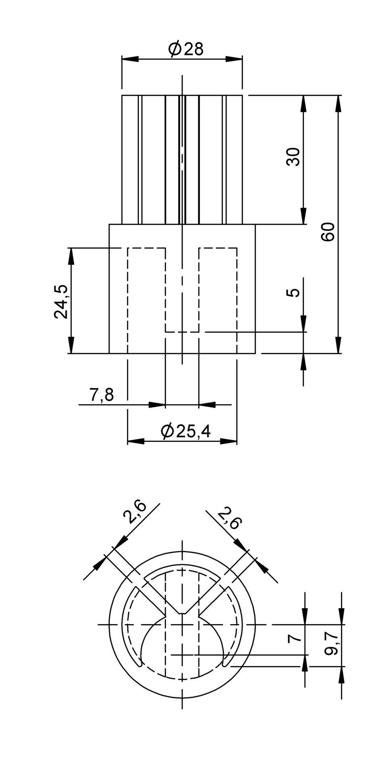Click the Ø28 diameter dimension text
[x=186, y=49]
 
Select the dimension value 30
[x=293, y=157]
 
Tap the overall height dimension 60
[x=328, y=231]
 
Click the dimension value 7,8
[x=102, y=395]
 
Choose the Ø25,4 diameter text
[x=186, y=431]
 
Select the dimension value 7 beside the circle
[x=295, y=638]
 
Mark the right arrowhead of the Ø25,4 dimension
[x=229, y=441]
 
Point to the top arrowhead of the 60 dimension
[x=338, y=103]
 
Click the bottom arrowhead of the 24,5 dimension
[x=71, y=346]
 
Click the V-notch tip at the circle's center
[x=183, y=613]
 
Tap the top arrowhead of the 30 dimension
[x=304, y=103]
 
